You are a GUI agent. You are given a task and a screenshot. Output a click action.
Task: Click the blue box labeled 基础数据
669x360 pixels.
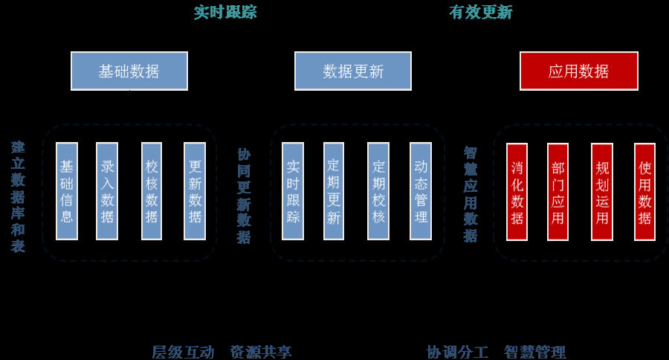click(x=129, y=71)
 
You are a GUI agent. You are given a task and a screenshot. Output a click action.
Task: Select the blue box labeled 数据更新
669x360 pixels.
click(x=353, y=71)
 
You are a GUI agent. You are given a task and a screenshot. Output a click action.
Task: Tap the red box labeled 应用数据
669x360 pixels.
click(x=578, y=71)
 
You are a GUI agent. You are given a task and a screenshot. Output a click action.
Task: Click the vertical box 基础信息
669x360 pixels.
click(x=67, y=191)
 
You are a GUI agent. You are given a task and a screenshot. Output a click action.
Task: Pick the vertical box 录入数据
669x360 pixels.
click(x=108, y=191)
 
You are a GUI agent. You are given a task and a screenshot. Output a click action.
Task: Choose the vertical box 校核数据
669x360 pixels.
click(x=152, y=191)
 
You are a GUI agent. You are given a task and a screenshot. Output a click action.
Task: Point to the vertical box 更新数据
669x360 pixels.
click(x=195, y=191)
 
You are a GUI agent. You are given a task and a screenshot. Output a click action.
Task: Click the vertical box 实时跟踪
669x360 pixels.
click(x=293, y=191)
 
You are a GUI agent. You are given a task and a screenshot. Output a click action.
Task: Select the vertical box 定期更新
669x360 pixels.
click(x=334, y=191)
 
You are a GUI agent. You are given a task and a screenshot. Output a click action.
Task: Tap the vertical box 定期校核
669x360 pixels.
click(x=378, y=191)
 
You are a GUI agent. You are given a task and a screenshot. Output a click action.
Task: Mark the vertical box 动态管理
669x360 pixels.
click(x=421, y=191)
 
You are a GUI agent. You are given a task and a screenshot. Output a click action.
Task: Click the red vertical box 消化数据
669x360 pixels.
click(x=517, y=191)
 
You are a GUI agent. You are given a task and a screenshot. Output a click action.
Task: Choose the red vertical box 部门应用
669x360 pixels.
click(x=557, y=191)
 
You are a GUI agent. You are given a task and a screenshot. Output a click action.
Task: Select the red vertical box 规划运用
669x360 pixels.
click(x=602, y=191)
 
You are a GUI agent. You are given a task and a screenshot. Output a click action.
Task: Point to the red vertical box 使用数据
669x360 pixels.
click(x=644, y=191)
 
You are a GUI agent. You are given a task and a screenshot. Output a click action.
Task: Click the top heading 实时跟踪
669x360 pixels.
click(x=225, y=13)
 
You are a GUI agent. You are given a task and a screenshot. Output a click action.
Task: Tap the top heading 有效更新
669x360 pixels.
click(x=481, y=13)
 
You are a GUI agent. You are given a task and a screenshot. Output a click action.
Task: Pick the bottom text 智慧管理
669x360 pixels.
click(x=534, y=352)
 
